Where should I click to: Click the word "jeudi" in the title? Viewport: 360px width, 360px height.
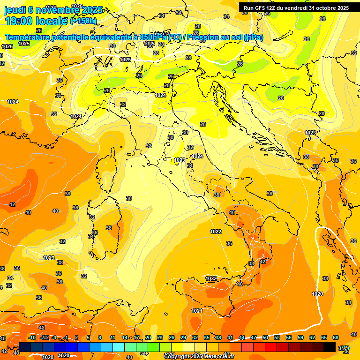pyautogui.click(x=15, y=9)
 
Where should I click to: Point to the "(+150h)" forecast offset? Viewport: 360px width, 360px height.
pyautogui.click(x=83, y=21)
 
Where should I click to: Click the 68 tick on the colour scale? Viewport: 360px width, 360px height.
pyautogui.click(x=336, y=337)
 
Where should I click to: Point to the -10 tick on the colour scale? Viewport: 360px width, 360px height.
pyautogui.click(x=32, y=337)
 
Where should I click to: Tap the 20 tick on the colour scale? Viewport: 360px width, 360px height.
pyautogui.click(x=148, y=337)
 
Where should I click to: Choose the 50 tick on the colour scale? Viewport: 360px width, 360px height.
pyautogui.click(x=265, y=337)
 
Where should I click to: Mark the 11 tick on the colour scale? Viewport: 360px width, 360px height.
pyautogui.click(x=112, y=337)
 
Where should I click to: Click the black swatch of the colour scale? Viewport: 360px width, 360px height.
pyautogui.click(x=330, y=347)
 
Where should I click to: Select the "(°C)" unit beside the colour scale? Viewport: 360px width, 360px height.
pyautogui.click(x=344, y=347)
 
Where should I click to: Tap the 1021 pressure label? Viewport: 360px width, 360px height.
pyautogui.click(x=197, y=311)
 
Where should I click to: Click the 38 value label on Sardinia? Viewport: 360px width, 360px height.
pyautogui.click(x=109, y=228)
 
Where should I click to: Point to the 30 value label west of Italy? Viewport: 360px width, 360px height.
pyautogui.click(x=129, y=198)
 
